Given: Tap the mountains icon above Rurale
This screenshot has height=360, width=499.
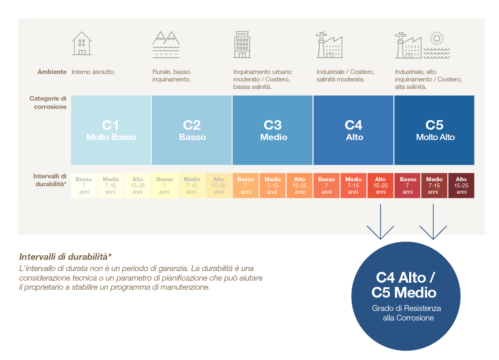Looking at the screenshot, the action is [x=166, y=44].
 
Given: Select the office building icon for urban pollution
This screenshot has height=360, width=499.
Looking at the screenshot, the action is [x=242, y=44].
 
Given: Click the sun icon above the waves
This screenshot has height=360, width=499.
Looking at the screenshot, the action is [x=437, y=38].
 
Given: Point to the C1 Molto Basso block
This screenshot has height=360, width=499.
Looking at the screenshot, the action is [x=111, y=130].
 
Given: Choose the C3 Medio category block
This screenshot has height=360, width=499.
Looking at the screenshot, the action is [x=272, y=130].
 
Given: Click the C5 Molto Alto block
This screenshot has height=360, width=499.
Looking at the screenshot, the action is [x=434, y=130].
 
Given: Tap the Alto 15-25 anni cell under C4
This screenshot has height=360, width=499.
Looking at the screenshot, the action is [x=380, y=185].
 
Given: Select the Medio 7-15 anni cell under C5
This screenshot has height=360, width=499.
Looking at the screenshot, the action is [x=434, y=185].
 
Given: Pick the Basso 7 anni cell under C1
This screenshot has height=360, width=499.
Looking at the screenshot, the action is [x=84, y=185].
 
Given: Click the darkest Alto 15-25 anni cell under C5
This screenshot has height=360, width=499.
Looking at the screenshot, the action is [x=461, y=185].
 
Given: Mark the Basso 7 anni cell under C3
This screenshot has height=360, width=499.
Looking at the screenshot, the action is [x=245, y=185].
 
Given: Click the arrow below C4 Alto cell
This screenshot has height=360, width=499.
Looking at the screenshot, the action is [x=380, y=222].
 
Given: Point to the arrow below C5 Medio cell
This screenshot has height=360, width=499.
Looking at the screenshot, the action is [x=433, y=222].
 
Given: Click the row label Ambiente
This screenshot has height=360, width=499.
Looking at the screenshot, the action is [x=52, y=72].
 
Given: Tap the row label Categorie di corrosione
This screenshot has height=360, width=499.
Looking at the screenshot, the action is [x=48, y=103].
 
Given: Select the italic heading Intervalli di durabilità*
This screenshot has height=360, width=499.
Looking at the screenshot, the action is [x=65, y=257].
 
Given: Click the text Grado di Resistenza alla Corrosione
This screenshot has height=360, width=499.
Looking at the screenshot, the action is [x=407, y=313].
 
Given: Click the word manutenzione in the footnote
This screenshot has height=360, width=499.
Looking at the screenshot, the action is [x=185, y=287].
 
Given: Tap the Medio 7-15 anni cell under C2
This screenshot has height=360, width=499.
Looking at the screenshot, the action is [x=192, y=185].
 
